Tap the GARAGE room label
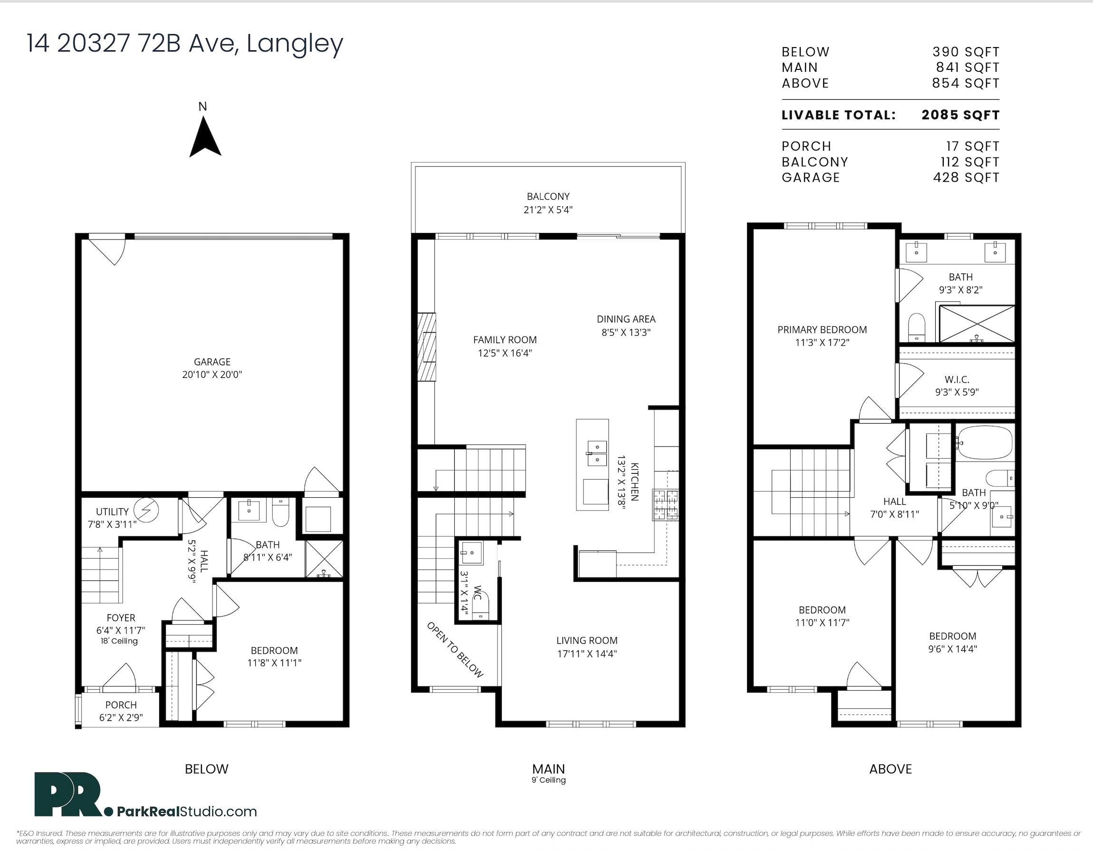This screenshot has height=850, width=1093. coord(212,361)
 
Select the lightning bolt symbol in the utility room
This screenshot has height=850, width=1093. coord(147,510)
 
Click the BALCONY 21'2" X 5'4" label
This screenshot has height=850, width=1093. coord(548,203)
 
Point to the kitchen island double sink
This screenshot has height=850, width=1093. coord(596,453)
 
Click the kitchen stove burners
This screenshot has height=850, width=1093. coord(666,504)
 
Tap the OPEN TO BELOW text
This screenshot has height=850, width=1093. coord(454,650)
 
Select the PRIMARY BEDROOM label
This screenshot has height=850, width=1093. coord(822,330)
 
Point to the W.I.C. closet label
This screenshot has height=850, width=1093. coord(957,380)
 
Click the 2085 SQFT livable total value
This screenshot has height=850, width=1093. coord(960,115)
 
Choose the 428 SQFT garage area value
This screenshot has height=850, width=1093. coord(966,178)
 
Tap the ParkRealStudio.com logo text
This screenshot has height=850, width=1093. coord(187,811)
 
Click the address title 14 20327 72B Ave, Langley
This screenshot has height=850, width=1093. coord(185,44)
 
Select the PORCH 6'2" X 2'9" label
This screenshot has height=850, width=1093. coord(121,711)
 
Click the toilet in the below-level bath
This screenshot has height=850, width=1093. coord(280,513)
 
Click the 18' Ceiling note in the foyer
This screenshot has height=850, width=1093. coord(119,641)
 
